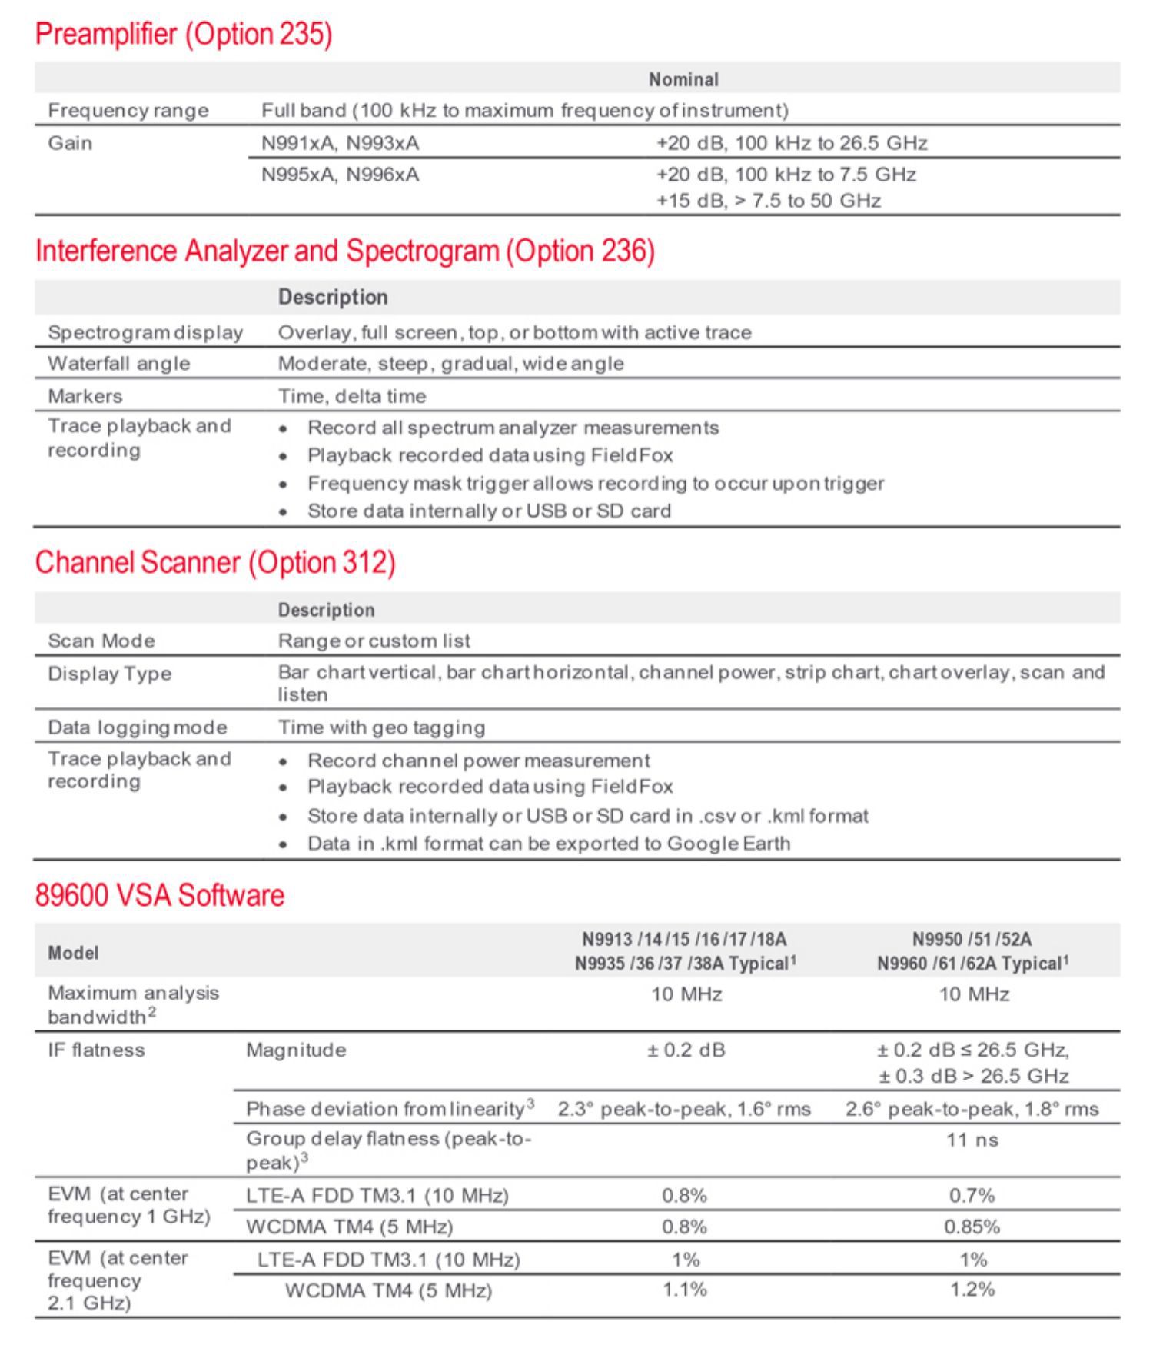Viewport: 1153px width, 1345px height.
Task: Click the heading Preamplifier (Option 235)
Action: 184,35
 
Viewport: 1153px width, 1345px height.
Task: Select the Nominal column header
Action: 683,79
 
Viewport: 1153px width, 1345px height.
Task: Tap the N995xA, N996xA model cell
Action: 341,175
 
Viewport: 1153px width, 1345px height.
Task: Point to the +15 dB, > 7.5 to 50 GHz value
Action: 768,201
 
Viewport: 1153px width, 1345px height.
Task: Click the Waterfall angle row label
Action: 118,364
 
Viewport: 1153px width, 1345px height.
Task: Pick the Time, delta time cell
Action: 351,396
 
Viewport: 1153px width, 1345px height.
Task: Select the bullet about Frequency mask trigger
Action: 595,484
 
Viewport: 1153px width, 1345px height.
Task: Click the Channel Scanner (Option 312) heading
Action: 215,562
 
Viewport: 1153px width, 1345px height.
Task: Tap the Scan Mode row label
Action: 101,641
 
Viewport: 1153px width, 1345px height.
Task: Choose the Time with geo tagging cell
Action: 381,727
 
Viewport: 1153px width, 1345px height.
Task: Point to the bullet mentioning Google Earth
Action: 548,844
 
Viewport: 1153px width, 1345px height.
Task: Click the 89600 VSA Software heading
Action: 160,895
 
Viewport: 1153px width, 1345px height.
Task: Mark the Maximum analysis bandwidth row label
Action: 133,1004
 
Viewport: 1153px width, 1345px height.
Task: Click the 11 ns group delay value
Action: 972,1140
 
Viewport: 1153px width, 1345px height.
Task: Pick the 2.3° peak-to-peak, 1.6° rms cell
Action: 684,1109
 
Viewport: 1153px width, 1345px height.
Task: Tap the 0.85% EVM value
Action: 972,1227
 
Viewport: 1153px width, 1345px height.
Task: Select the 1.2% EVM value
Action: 972,1290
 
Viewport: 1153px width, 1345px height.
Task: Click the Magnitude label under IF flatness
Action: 296,1050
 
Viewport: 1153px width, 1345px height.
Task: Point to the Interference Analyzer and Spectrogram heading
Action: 345,251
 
